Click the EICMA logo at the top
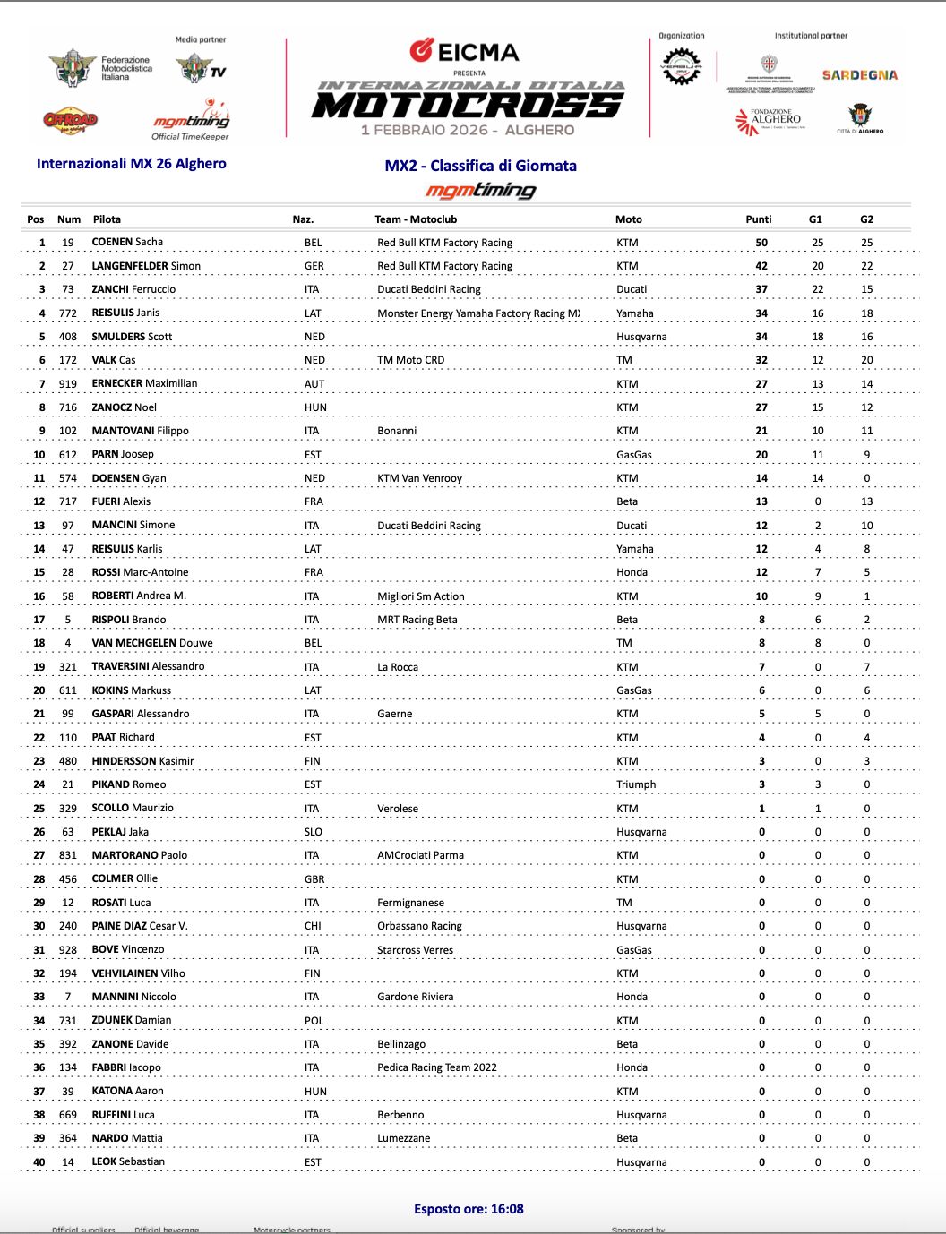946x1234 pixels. (465, 51)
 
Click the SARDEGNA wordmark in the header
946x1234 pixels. (859, 75)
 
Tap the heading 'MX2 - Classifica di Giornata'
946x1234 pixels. (480, 166)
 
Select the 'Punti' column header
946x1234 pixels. (758, 219)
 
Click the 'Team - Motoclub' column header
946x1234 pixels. (416, 219)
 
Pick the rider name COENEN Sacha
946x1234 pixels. (127, 242)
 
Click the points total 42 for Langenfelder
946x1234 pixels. (761, 266)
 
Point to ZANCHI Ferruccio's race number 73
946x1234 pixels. (68, 289)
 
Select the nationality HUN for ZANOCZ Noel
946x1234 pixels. (315, 407)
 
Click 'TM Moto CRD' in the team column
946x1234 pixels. (410, 360)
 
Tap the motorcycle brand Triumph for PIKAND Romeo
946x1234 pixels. (636, 784)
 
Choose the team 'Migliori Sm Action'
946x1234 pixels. (421, 596)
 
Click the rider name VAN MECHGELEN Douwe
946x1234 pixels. (152, 643)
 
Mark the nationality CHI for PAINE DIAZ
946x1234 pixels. (313, 926)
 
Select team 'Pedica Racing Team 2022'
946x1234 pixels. (436, 1067)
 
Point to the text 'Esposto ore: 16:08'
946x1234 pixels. (469, 1209)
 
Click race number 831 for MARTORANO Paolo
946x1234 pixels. (68, 855)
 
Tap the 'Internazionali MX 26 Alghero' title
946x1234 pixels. (132, 164)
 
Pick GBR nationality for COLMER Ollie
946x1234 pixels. (314, 879)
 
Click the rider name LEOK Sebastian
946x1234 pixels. (128, 1161)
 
